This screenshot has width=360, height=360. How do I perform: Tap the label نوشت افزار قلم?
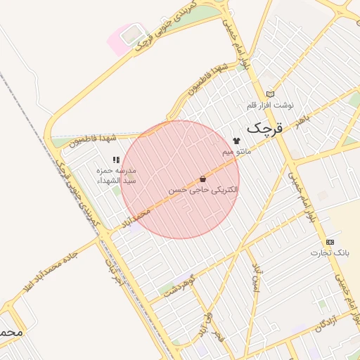(270, 105)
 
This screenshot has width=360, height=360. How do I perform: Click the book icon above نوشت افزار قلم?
(270, 94)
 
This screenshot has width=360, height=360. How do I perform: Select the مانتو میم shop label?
(236, 152)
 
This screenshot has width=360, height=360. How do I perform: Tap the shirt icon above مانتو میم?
(236, 141)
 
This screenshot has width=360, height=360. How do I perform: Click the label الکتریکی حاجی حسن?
(202, 190)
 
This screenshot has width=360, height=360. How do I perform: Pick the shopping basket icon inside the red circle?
(202, 179)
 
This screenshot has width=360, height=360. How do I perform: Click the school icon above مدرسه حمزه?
(116, 160)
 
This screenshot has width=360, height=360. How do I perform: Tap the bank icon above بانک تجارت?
(330, 242)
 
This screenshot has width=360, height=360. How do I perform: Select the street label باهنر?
(303, 120)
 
